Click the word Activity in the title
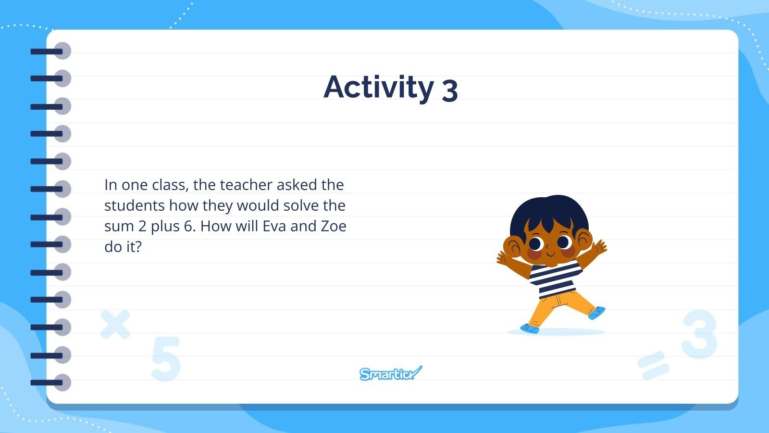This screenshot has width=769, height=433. coord(379,88)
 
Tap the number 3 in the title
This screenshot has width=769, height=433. coord(449,90)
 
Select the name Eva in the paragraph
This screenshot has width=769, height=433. coord(274,226)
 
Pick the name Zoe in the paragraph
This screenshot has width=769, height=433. coord(334,226)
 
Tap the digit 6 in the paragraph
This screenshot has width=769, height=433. coord(189,226)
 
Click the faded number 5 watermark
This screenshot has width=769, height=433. coord(166,359)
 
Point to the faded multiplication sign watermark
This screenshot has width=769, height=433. coord(115,324)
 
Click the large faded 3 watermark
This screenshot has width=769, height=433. coord(699,335)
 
